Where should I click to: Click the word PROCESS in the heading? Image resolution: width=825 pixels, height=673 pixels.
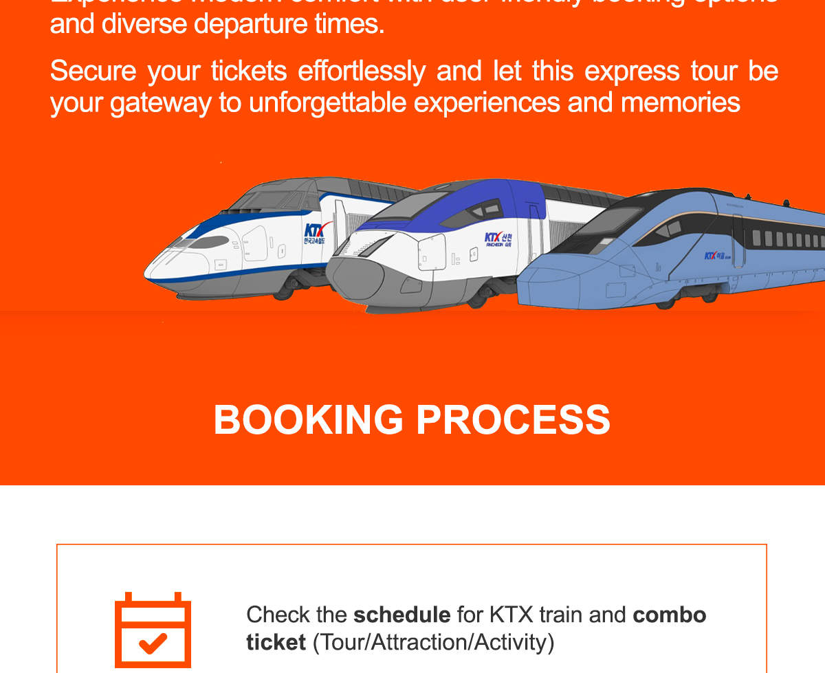click(513, 419)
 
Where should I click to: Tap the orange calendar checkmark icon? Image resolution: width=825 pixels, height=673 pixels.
click(153, 630)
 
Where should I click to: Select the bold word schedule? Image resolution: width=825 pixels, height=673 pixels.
click(401, 614)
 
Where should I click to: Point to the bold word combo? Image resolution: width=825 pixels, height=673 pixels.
click(669, 614)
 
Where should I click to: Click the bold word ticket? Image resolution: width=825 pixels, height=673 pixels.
click(276, 642)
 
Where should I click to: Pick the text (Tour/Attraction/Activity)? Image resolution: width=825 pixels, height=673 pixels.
click(433, 642)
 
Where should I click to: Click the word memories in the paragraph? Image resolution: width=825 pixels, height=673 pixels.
click(680, 102)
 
